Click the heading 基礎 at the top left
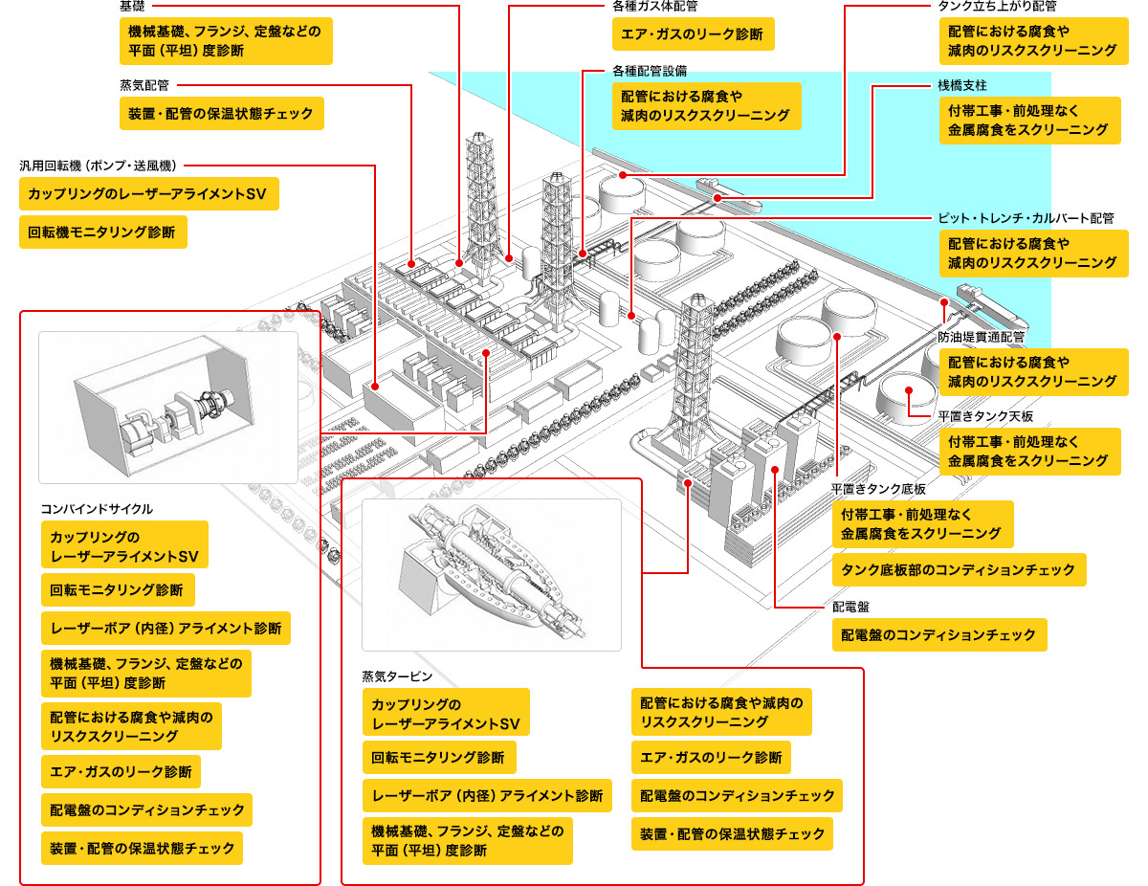pyautogui.click(x=133, y=7)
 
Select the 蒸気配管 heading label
pyautogui.click(x=145, y=85)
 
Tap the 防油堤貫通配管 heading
pyautogui.click(x=981, y=337)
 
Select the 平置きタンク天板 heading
pyautogui.click(x=985, y=416)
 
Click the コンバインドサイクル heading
pyautogui.click(x=97, y=509)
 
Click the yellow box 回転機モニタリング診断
pyautogui.click(x=102, y=233)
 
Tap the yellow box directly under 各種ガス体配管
pyautogui.click(x=693, y=34)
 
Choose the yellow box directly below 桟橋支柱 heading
pyautogui.click(x=1028, y=121)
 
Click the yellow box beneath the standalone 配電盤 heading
pyautogui.click(x=938, y=634)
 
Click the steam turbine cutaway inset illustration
pyautogui.click(x=491, y=575)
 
